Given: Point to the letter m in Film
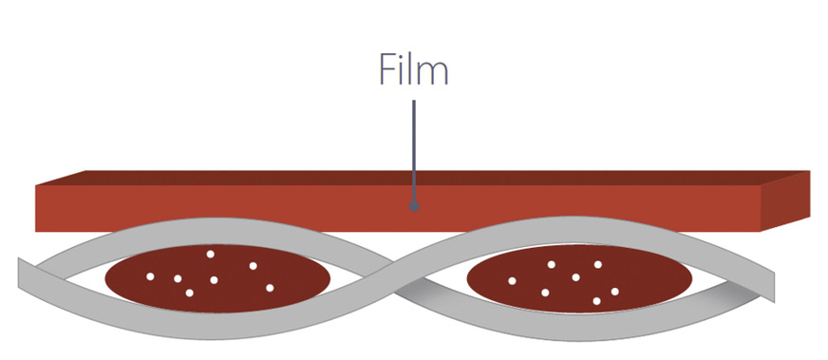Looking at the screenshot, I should [x=434, y=73].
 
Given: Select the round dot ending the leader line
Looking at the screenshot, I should [x=414, y=204].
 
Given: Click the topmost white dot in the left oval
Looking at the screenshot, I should [x=211, y=254].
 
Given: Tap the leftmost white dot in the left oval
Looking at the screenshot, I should [x=150, y=276].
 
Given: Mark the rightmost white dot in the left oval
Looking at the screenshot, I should [x=270, y=287].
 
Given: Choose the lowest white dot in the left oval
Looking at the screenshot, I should [x=190, y=293].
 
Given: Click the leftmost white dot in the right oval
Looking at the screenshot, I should [x=513, y=281].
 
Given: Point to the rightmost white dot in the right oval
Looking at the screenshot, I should [x=615, y=292].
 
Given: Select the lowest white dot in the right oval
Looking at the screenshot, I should [x=596, y=301].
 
